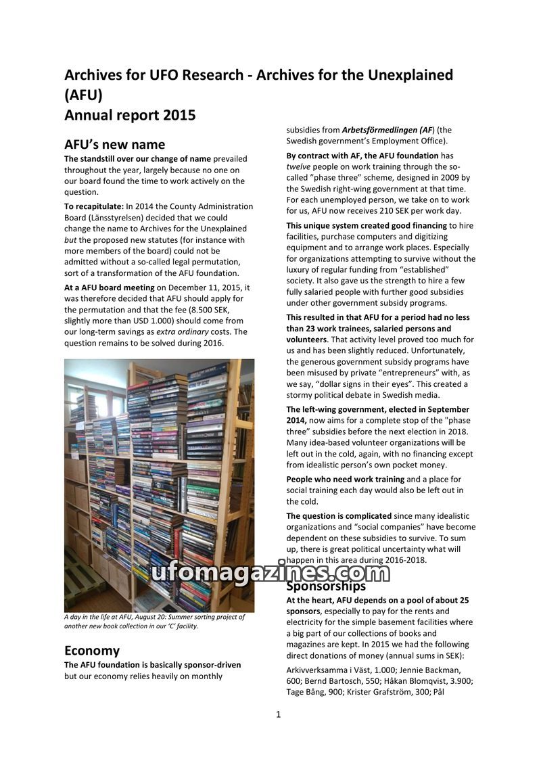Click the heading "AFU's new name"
point(114,145)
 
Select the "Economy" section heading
point(92,651)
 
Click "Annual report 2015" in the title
point(130,115)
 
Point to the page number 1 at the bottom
point(278,714)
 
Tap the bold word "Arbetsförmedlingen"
point(379,130)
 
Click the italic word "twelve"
point(298,166)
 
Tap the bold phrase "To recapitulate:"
point(94,206)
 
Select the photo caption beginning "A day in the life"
point(154,621)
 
